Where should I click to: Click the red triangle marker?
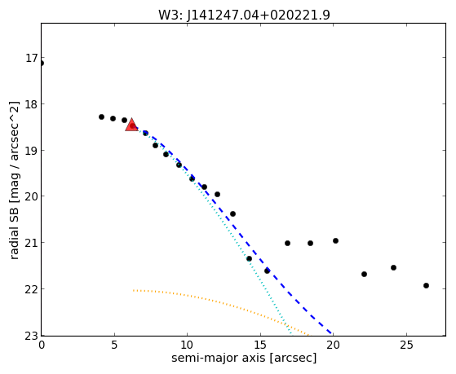coord(131,125)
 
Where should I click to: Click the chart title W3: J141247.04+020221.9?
coord(244,15)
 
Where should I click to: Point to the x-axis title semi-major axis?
coord(218,358)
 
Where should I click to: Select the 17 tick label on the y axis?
coord(32,58)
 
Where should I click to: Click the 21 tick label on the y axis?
coord(32,242)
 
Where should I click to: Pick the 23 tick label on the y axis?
coord(32,336)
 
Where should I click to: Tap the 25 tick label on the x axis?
coord(406,345)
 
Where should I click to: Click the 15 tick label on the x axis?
coord(260,345)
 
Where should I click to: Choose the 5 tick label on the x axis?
coord(114,345)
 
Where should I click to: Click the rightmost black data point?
coord(426,285)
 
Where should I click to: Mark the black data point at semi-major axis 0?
coord(42,63)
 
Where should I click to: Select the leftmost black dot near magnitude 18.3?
coord(101,117)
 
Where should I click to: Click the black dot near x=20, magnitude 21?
coord(335,240)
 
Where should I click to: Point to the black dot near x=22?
coord(364,274)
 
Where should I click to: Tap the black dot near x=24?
coord(393,267)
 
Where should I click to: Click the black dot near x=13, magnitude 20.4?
coord(232,213)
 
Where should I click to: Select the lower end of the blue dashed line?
coord(331,333)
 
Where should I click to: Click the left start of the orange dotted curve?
coord(134,290)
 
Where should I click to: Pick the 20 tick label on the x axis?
coord(334,345)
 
